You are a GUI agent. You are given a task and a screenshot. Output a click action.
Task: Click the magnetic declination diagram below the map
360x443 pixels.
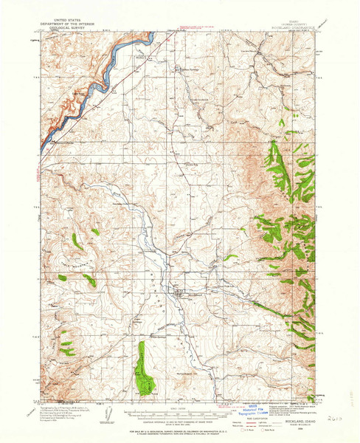tap(108, 408)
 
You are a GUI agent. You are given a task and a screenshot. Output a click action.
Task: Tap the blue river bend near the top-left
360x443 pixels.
tap(111, 63)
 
